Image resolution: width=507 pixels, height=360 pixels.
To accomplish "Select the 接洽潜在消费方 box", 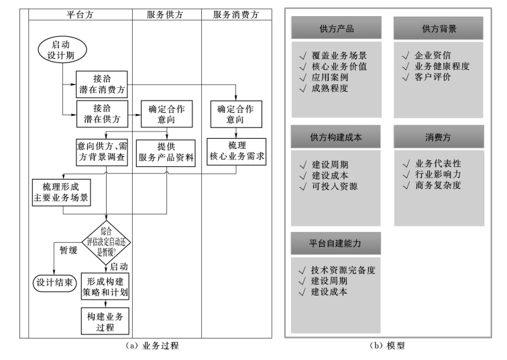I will [101, 82].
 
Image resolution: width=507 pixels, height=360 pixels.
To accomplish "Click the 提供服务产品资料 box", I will [166, 152].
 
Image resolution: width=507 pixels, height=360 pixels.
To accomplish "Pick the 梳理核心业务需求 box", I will [237, 152].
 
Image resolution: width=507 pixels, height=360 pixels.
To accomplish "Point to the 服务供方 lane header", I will [166, 14].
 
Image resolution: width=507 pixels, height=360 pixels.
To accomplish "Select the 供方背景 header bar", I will [439, 29].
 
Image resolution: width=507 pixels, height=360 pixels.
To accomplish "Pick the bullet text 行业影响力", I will [438, 174].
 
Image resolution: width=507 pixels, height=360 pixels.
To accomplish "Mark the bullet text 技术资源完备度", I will [343, 270].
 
